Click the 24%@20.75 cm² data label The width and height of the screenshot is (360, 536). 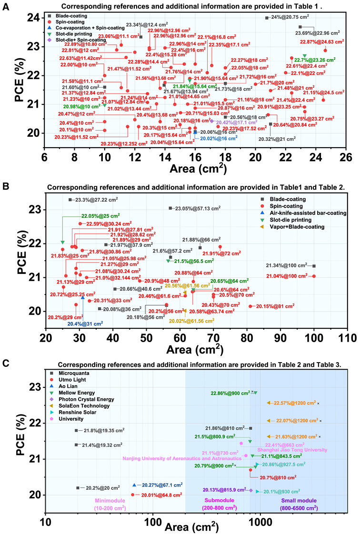(x=290, y=18)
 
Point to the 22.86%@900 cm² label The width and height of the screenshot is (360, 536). (x=230, y=393)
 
